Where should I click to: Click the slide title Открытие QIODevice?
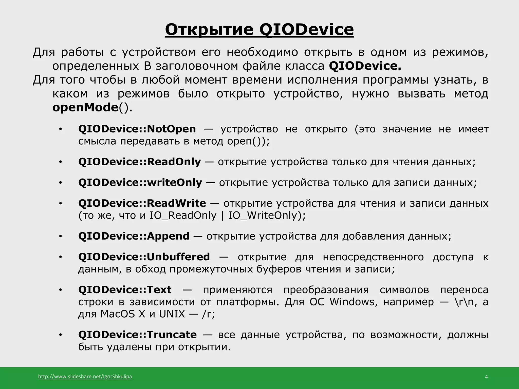click(x=259, y=29)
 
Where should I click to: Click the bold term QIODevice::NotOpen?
click(x=137, y=129)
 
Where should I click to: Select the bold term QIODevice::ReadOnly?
click(x=139, y=162)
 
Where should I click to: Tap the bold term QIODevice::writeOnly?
click(x=140, y=182)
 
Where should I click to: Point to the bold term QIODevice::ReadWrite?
click(x=142, y=203)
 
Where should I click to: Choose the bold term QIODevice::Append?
click(x=134, y=236)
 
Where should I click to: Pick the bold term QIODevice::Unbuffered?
click(x=144, y=257)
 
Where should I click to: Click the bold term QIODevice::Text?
click(x=125, y=289)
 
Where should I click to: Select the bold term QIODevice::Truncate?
click(x=137, y=335)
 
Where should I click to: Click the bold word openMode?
click(x=85, y=107)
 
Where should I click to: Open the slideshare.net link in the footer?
click(x=85, y=376)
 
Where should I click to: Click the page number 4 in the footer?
click(x=486, y=377)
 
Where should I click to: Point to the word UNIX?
click(x=172, y=314)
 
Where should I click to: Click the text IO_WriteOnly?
click(x=262, y=216)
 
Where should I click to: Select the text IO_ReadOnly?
click(x=183, y=216)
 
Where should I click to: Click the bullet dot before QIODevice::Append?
click(x=60, y=236)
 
